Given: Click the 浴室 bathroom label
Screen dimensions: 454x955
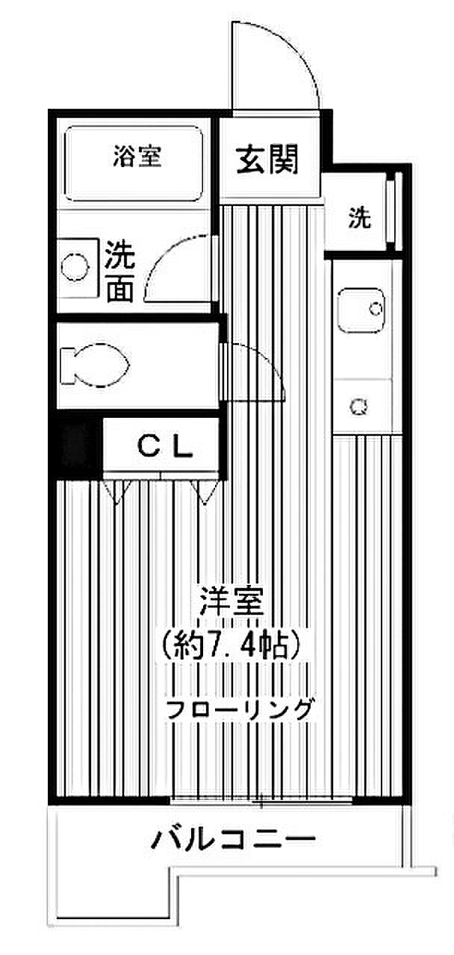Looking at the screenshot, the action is click(137, 157).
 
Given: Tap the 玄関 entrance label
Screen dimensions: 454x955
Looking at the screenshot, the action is click(267, 160).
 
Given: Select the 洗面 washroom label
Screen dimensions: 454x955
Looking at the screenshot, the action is click(120, 272).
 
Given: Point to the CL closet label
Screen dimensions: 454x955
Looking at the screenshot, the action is click(165, 446).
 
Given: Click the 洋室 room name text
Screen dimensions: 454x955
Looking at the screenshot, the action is click(233, 601).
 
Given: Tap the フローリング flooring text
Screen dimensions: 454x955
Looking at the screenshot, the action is click(237, 710).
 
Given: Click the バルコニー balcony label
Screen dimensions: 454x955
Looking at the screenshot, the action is click(234, 839).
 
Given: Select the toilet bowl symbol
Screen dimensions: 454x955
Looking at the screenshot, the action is click(95, 366).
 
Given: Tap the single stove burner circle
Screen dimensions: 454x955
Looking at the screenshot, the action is click(359, 406).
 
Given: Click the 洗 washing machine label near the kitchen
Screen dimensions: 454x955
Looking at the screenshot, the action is click(360, 218).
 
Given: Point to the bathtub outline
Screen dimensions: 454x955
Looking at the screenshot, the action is click(133, 128).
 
